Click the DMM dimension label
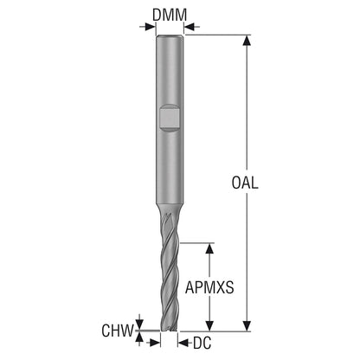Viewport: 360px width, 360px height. (x=170, y=15)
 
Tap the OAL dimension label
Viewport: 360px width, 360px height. (x=245, y=183)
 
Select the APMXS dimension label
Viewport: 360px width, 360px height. (x=209, y=287)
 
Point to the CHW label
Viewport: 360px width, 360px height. (x=118, y=331)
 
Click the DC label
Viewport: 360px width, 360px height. (x=202, y=343)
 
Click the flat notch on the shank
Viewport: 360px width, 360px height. (x=170, y=118)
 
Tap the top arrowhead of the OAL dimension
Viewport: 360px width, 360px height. (x=247, y=41)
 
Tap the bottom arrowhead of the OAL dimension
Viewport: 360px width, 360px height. (x=247, y=326)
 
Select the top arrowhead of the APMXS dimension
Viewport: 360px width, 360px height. (x=209, y=248)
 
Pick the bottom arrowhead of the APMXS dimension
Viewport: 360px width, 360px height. (x=209, y=326)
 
